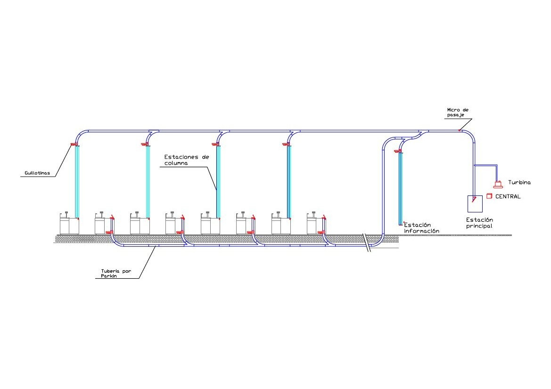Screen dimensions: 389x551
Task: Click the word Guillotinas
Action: tap(37, 174)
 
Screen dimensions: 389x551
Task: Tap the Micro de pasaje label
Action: tap(458, 113)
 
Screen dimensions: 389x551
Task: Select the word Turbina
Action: tap(519, 182)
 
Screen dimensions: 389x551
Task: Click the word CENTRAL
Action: tap(508, 196)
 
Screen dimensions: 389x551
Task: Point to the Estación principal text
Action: tap(479, 223)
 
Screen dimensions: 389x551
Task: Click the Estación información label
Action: tap(421, 228)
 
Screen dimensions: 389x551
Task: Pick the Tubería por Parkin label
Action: tap(116, 274)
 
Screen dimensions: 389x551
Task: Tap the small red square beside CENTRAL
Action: tap(489, 195)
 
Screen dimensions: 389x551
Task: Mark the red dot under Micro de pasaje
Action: tap(460, 130)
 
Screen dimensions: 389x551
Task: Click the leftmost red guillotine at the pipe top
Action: tap(74, 144)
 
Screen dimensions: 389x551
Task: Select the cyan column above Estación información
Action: tap(401, 188)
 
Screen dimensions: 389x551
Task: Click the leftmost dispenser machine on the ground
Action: tap(69, 223)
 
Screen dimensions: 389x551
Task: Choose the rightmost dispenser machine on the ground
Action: tap(316, 223)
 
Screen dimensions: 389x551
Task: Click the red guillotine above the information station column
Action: tap(398, 151)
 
